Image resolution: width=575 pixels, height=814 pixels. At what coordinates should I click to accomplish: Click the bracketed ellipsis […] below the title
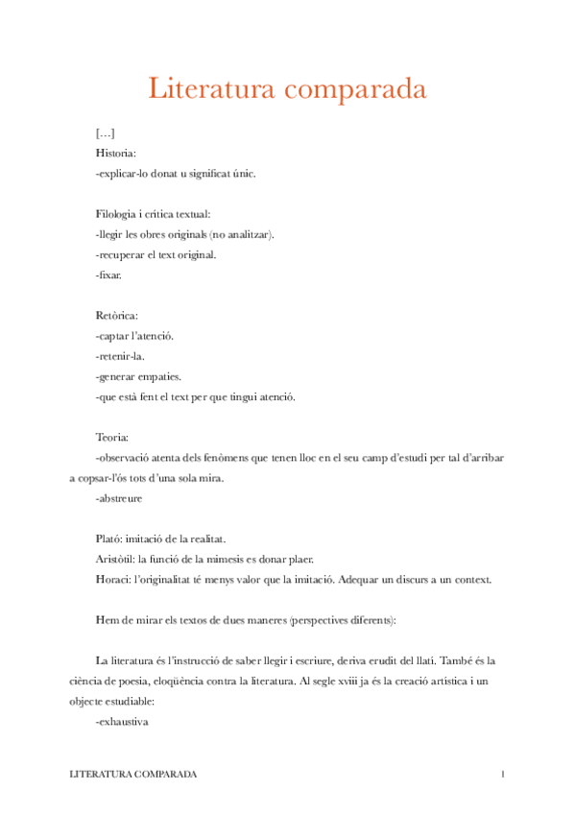coord(106,132)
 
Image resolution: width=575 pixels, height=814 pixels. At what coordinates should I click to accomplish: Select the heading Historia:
coord(116,153)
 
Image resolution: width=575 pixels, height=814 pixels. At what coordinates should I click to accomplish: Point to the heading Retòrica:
coord(118,315)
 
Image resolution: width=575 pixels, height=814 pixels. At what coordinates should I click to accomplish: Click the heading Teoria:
coord(115,437)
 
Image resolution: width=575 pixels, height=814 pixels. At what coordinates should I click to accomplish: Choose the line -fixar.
coord(109,275)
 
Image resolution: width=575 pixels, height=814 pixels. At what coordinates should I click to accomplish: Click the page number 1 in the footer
coord(502,774)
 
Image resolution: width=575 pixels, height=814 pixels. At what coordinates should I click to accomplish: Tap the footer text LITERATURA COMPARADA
coord(133,774)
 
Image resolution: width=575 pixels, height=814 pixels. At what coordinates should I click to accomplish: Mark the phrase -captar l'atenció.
coord(135,335)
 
